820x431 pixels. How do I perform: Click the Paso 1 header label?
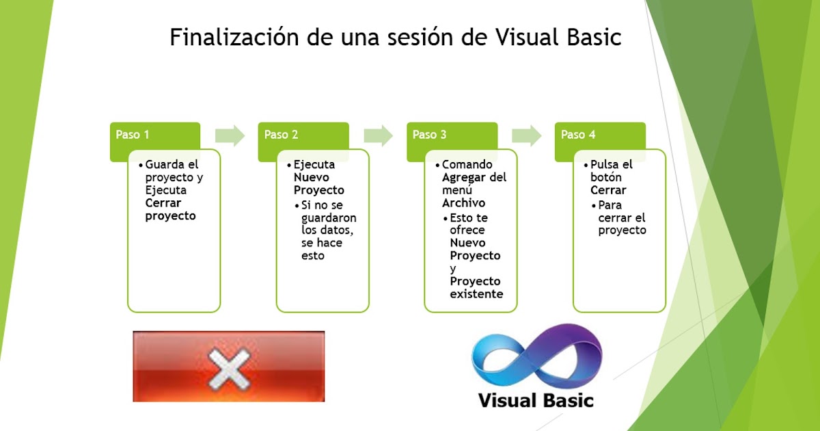click(133, 135)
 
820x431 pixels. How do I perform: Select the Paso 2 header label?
click(281, 135)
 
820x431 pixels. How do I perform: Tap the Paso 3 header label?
click(429, 135)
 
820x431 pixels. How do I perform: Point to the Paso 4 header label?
click(578, 135)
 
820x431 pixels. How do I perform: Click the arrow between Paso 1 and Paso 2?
click(230, 135)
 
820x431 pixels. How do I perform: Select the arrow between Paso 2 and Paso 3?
click(378, 135)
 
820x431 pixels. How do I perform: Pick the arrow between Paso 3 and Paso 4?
click(526, 135)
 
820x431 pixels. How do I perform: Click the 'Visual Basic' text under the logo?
click(536, 400)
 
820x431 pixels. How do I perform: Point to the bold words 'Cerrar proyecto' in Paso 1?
click(170, 209)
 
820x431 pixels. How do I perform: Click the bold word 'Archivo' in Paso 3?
click(463, 203)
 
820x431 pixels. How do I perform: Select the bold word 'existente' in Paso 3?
click(476, 294)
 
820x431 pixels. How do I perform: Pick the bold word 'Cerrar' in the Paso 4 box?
click(608, 190)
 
